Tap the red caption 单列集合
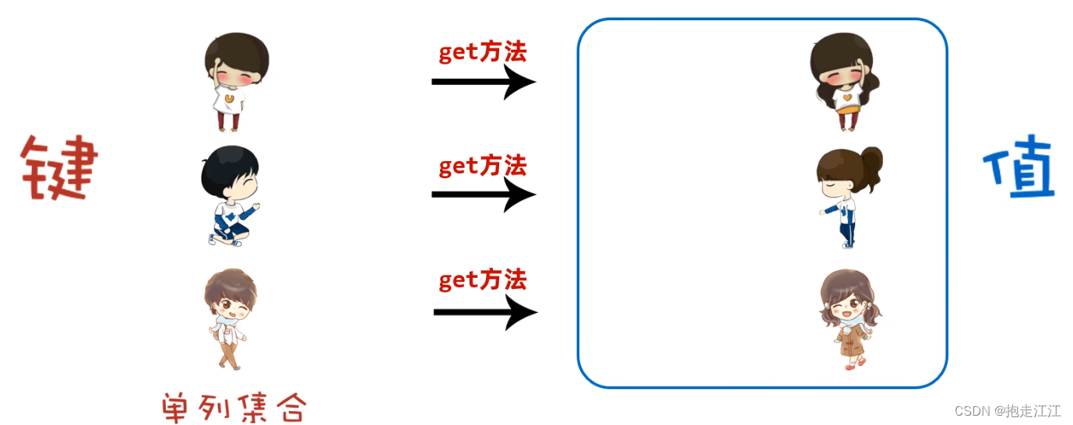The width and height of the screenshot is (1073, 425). pos(234,407)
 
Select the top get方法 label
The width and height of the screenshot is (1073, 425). pos(483,51)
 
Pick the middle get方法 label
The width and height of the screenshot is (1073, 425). pos(483,165)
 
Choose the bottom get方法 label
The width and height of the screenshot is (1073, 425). pos(483,279)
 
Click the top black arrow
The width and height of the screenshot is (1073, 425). pos(484,81)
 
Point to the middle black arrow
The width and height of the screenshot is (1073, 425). pos(484,194)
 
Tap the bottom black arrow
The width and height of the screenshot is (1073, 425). pos(485,312)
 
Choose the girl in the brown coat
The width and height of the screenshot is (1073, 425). pos(850,319)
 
